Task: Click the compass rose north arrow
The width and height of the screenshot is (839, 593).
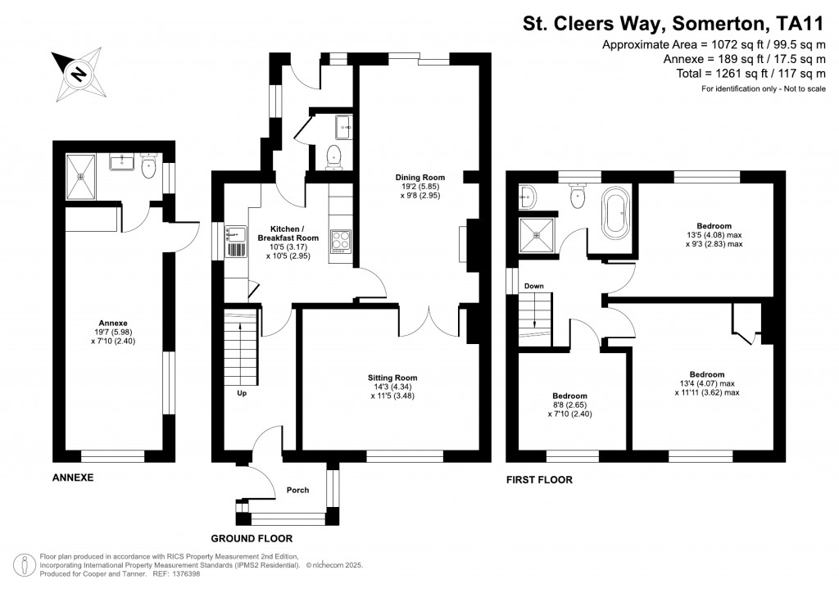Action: click(x=79, y=75)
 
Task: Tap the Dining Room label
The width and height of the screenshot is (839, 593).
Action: click(x=419, y=187)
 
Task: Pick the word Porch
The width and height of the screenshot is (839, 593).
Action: click(x=297, y=491)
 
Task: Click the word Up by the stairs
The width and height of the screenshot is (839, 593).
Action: click(x=242, y=393)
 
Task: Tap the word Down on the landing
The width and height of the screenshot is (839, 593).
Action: click(x=534, y=286)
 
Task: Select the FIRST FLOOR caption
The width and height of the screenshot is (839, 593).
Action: click(x=539, y=480)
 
